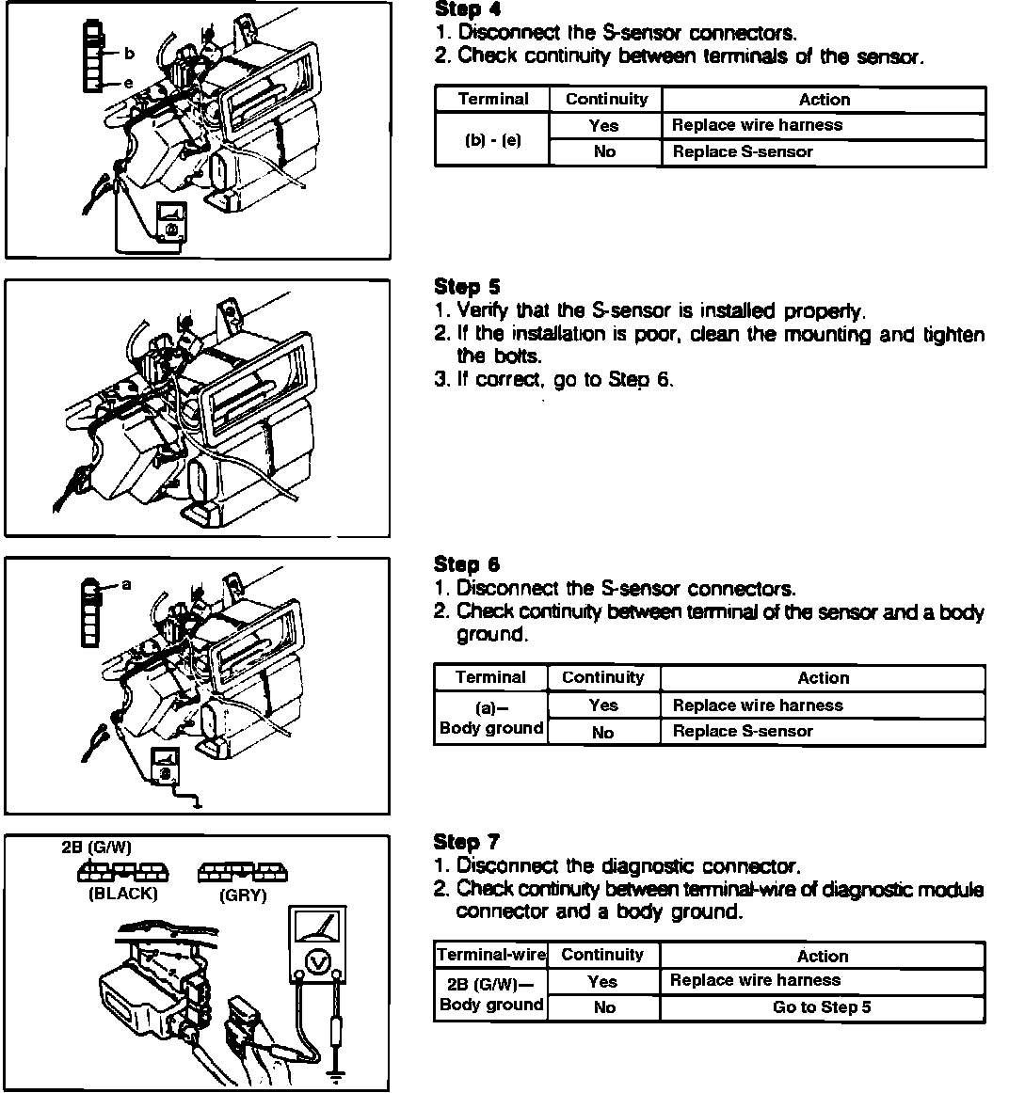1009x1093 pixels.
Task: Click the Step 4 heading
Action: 467,9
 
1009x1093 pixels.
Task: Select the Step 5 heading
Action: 467,287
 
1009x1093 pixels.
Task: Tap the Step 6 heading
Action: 467,564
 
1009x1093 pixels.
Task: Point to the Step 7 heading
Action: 467,842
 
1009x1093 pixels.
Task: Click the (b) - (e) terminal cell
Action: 492,140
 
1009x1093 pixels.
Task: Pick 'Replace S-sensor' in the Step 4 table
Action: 743,152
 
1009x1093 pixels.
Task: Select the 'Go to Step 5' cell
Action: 822,1007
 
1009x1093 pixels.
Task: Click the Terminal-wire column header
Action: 491,955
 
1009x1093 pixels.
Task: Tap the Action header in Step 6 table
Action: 823,678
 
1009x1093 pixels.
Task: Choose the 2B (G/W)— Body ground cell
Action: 491,993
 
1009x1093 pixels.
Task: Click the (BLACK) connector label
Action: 122,895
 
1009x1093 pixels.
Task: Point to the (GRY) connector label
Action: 243,895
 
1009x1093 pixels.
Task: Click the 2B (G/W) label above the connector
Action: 96,847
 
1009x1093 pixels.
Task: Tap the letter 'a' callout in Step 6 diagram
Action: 127,585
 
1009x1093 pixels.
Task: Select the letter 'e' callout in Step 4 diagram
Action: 128,84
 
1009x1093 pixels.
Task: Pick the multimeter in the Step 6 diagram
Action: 166,767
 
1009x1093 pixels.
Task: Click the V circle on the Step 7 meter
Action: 318,962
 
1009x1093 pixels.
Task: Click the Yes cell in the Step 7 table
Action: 602,981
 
